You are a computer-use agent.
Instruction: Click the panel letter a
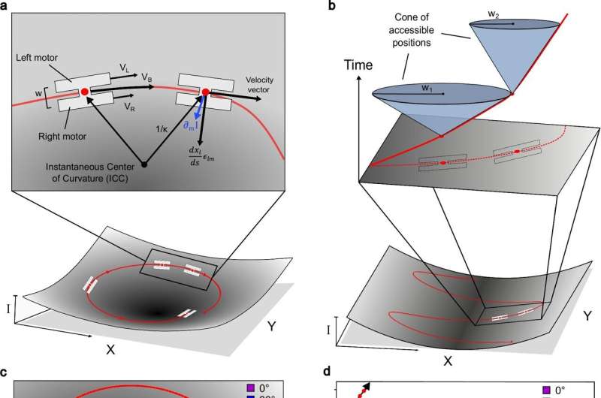pyautogui.click(x=5, y=8)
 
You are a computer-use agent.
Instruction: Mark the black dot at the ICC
pyautogui.click(x=144, y=162)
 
